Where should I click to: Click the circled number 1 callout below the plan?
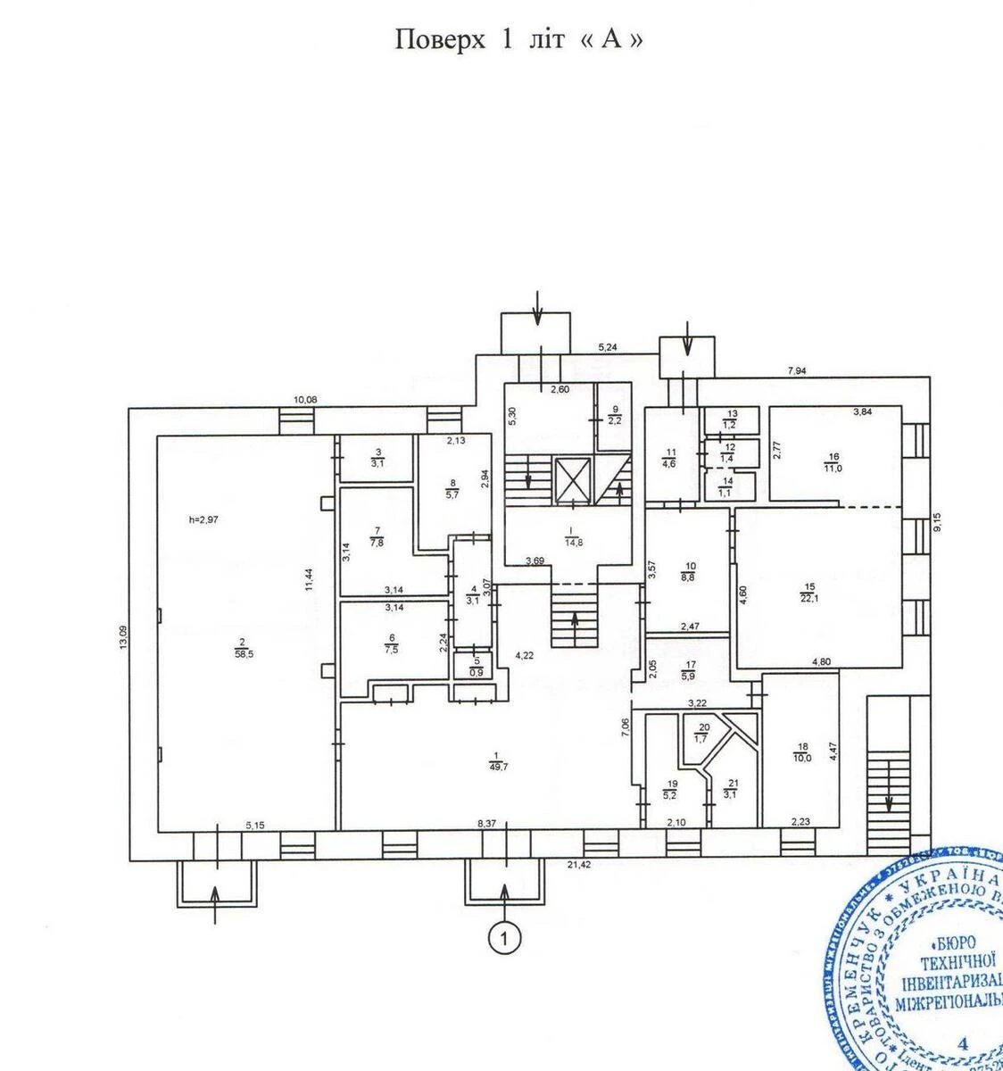click(x=505, y=938)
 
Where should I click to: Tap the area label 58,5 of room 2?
click(x=242, y=653)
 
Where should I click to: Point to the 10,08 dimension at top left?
click(x=305, y=399)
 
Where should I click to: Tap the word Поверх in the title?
click(x=440, y=40)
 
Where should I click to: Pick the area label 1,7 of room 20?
click(x=702, y=738)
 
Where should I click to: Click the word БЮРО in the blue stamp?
click(x=953, y=942)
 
